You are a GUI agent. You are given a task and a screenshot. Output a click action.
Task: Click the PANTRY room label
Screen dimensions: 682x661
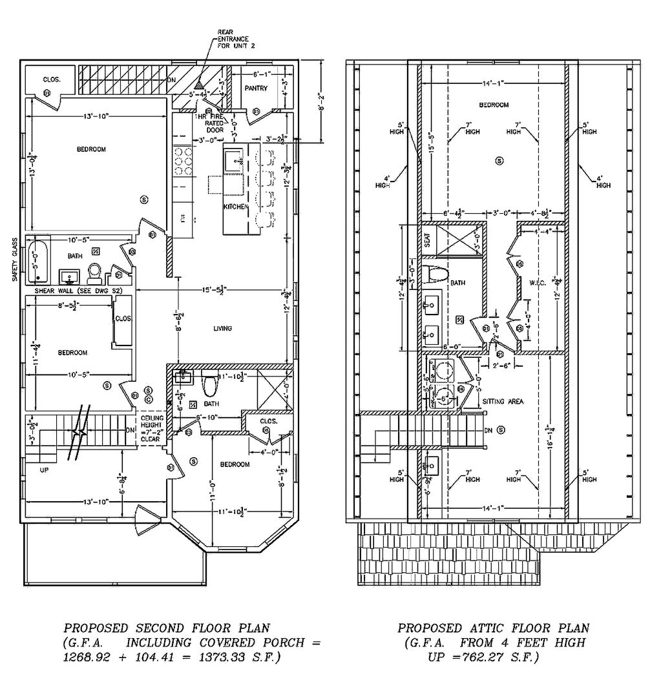(x=256, y=88)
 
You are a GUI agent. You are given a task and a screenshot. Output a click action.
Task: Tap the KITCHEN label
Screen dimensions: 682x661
(x=236, y=207)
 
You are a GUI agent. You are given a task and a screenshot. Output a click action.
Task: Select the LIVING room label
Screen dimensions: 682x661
(x=222, y=329)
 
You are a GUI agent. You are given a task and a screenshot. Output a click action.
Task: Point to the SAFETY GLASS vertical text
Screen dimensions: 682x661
(x=14, y=258)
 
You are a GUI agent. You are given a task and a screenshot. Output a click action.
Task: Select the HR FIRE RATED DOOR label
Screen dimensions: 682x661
(x=215, y=123)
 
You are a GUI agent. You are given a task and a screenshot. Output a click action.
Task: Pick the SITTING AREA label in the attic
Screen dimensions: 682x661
(x=503, y=401)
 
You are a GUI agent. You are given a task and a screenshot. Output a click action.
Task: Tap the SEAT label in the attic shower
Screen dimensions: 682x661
(x=427, y=240)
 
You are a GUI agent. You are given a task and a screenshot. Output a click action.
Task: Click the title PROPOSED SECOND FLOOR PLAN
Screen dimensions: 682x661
(x=166, y=627)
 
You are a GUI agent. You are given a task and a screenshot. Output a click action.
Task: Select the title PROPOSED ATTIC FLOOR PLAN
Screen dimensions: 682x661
(x=493, y=628)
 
